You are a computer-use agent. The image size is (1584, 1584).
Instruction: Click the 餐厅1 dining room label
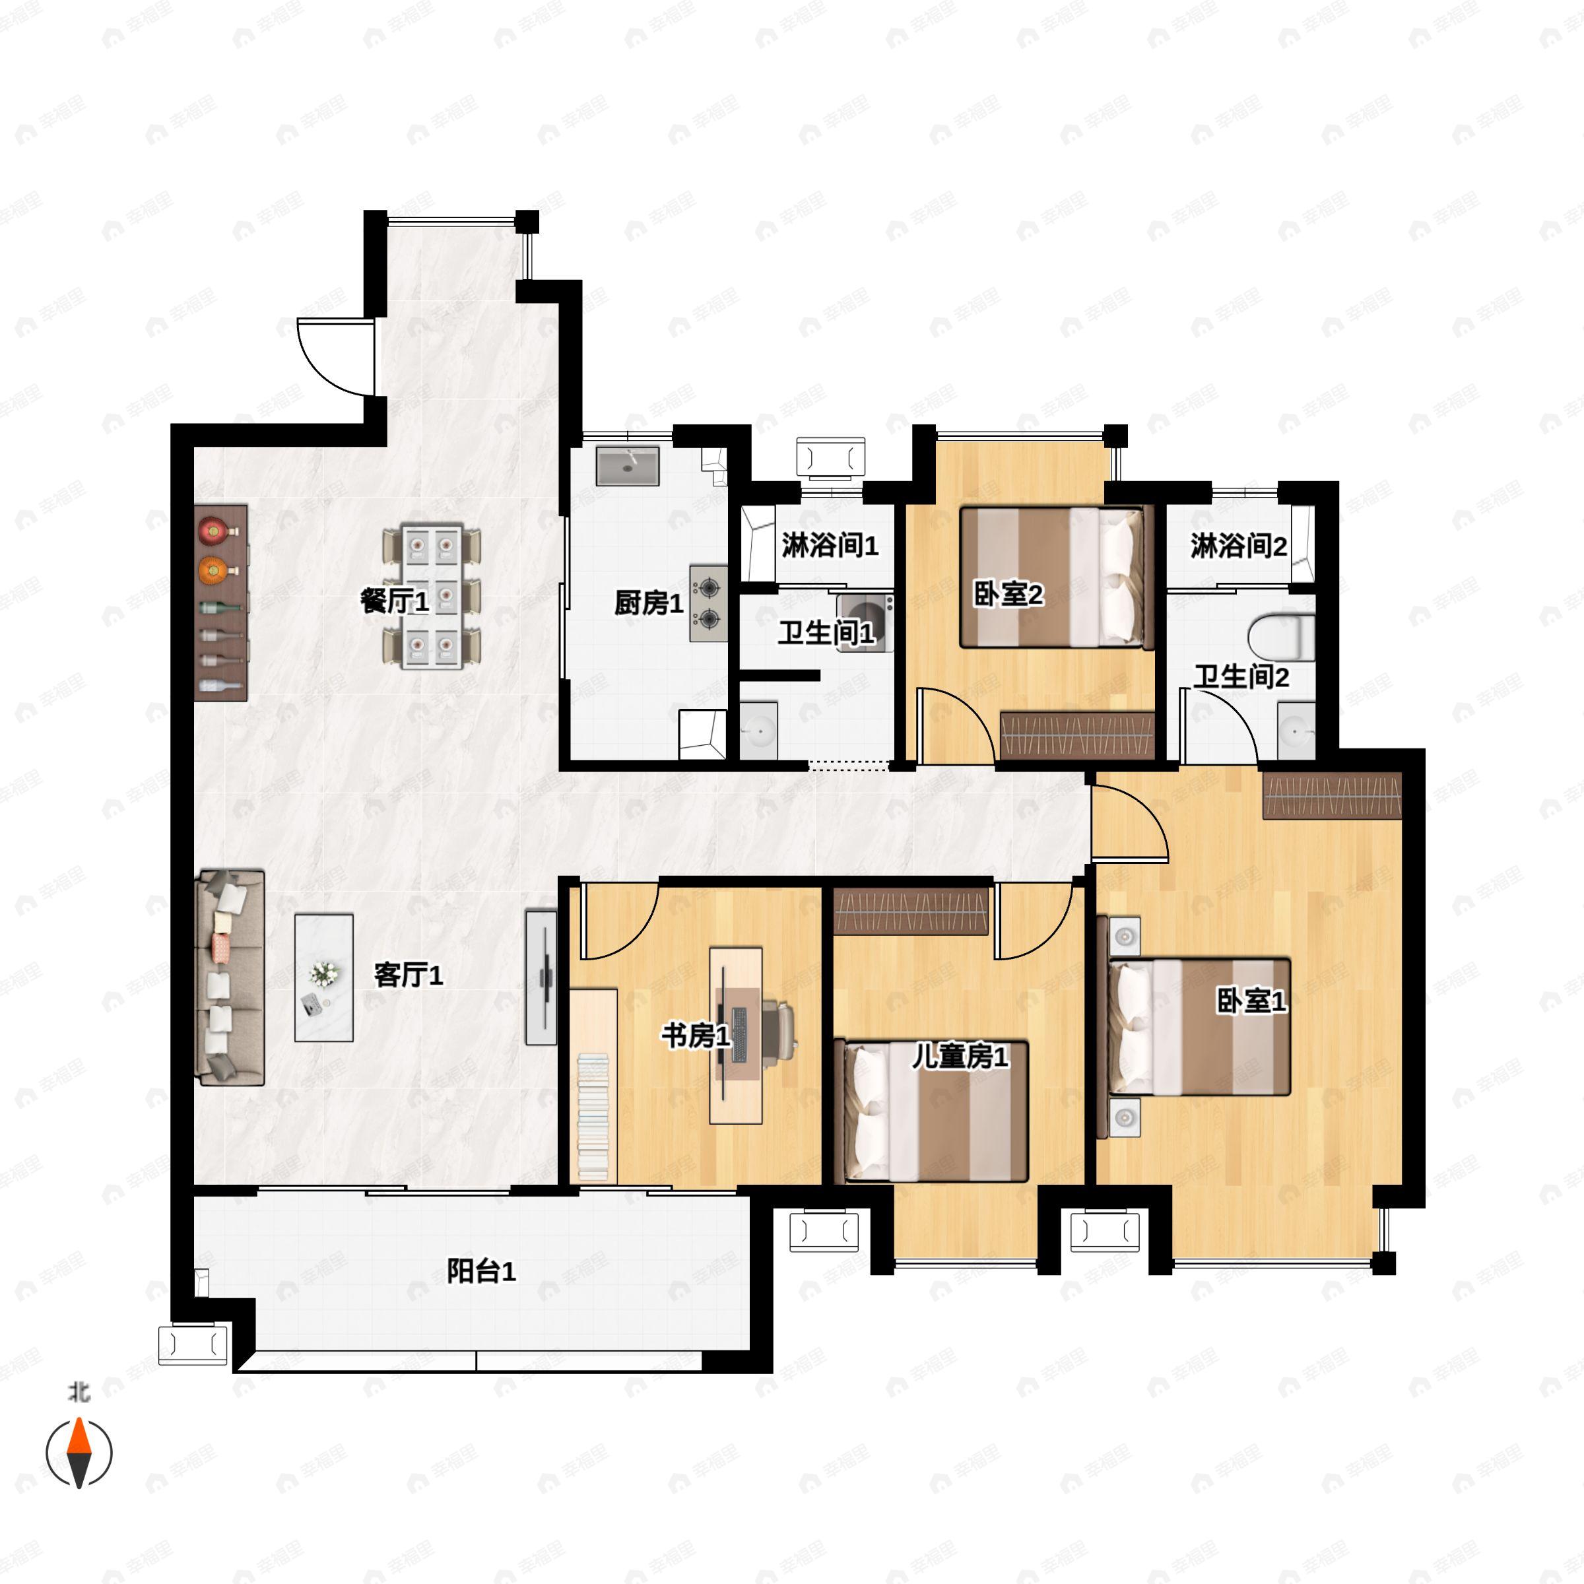click(395, 602)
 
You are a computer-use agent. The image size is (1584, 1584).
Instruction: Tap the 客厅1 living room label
click(409, 975)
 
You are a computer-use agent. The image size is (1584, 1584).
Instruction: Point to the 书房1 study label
click(696, 1036)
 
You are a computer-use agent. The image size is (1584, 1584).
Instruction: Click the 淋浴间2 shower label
click(1239, 546)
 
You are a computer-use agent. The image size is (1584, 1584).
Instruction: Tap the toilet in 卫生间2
click(1282, 637)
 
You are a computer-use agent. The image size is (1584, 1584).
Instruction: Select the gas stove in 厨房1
click(708, 603)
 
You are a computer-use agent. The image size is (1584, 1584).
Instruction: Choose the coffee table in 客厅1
click(324, 978)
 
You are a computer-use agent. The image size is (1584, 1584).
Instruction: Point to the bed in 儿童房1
click(931, 1110)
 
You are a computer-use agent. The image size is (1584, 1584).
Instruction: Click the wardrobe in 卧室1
click(1333, 796)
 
